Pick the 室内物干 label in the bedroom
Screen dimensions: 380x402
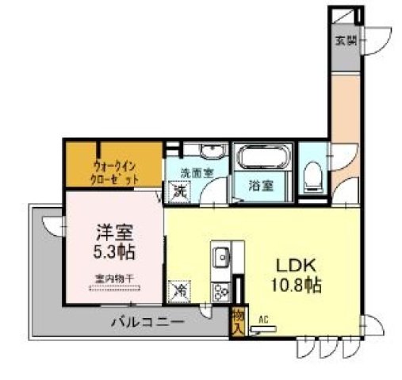pyautogui.click(x=114, y=278)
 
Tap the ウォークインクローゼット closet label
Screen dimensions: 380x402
pyautogui.click(x=116, y=173)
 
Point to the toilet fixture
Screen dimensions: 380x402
pyautogui.click(x=314, y=174)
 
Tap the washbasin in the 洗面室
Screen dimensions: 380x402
pyautogui.click(x=211, y=152)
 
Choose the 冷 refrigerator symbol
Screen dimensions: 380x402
pyautogui.click(x=179, y=291)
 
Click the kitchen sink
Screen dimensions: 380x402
pyautogui.click(x=221, y=258)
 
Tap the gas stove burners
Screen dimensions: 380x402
pyautogui.click(x=220, y=289)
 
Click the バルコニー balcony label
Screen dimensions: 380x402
pyautogui.click(x=147, y=323)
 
